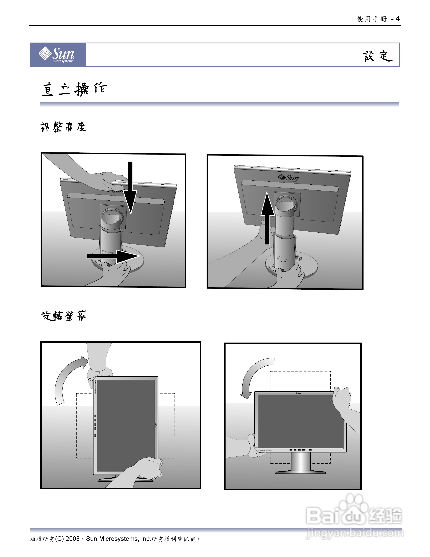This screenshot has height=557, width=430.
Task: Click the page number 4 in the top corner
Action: tap(398, 19)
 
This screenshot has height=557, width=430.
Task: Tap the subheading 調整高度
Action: tap(63, 127)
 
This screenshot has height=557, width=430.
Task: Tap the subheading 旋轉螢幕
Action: tap(64, 316)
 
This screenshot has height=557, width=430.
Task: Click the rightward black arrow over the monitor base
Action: tap(113, 256)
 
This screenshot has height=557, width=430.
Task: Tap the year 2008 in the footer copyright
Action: tap(73, 539)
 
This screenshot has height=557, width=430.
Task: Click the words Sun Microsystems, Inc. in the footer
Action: tap(118, 539)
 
